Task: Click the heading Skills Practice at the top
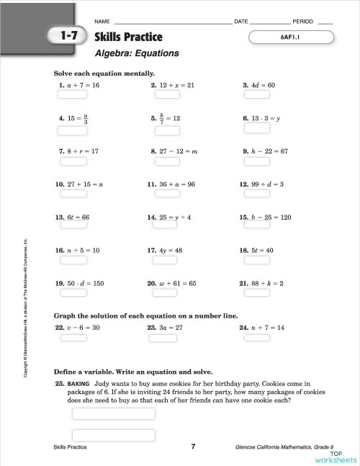128,37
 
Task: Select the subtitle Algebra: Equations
137,53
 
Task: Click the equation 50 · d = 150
85,284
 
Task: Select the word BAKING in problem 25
78,384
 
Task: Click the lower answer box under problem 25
114,434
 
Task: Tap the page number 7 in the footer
193,447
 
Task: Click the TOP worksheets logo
335,456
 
